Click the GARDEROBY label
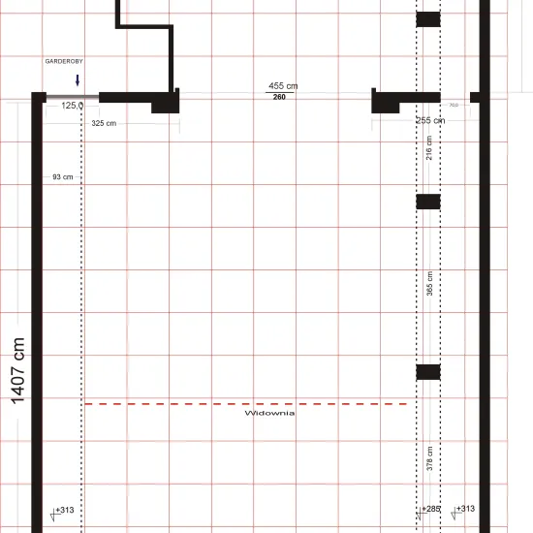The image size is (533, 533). point(63,61)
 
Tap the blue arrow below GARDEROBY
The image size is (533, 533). point(78,80)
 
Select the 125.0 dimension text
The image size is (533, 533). point(73,106)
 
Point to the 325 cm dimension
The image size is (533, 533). point(104,123)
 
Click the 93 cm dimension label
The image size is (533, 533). point(63,177)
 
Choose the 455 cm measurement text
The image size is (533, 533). point(283,86)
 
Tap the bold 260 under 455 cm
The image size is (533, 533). point(279,97)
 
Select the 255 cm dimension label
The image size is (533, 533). point(429,120)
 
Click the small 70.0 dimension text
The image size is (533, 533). point(454,105)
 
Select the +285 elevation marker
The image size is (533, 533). point(431,509)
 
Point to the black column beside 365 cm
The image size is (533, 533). point(428,202)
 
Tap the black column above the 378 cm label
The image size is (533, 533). point(428,371)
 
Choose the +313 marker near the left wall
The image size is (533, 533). point(65,509)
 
